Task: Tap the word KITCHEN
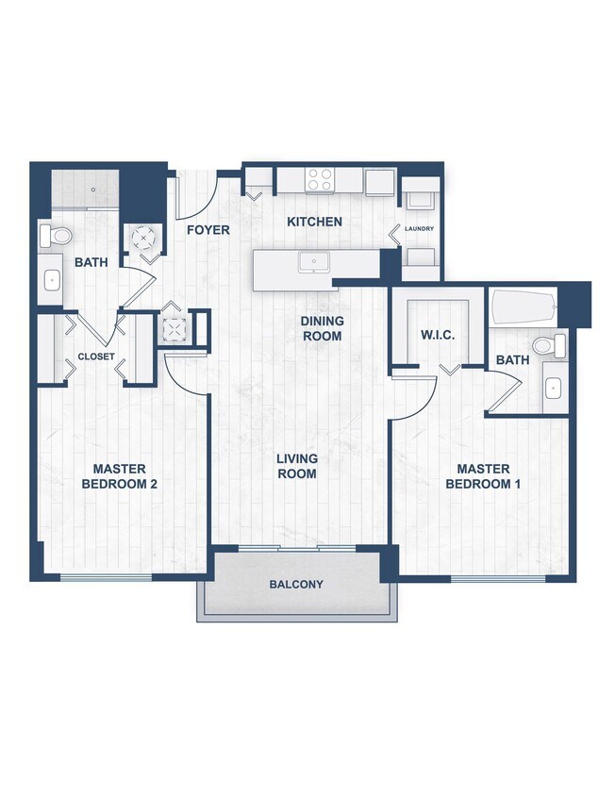[314, 223]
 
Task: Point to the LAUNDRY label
[419, 229]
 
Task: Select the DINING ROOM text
[322, 328]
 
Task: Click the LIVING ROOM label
[296, 467]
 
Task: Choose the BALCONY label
[296, 585]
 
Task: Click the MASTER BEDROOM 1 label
[483, 476]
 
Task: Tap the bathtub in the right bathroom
[524, 307]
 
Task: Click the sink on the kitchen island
[312, 261]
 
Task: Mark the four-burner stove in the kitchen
[321, 179]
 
